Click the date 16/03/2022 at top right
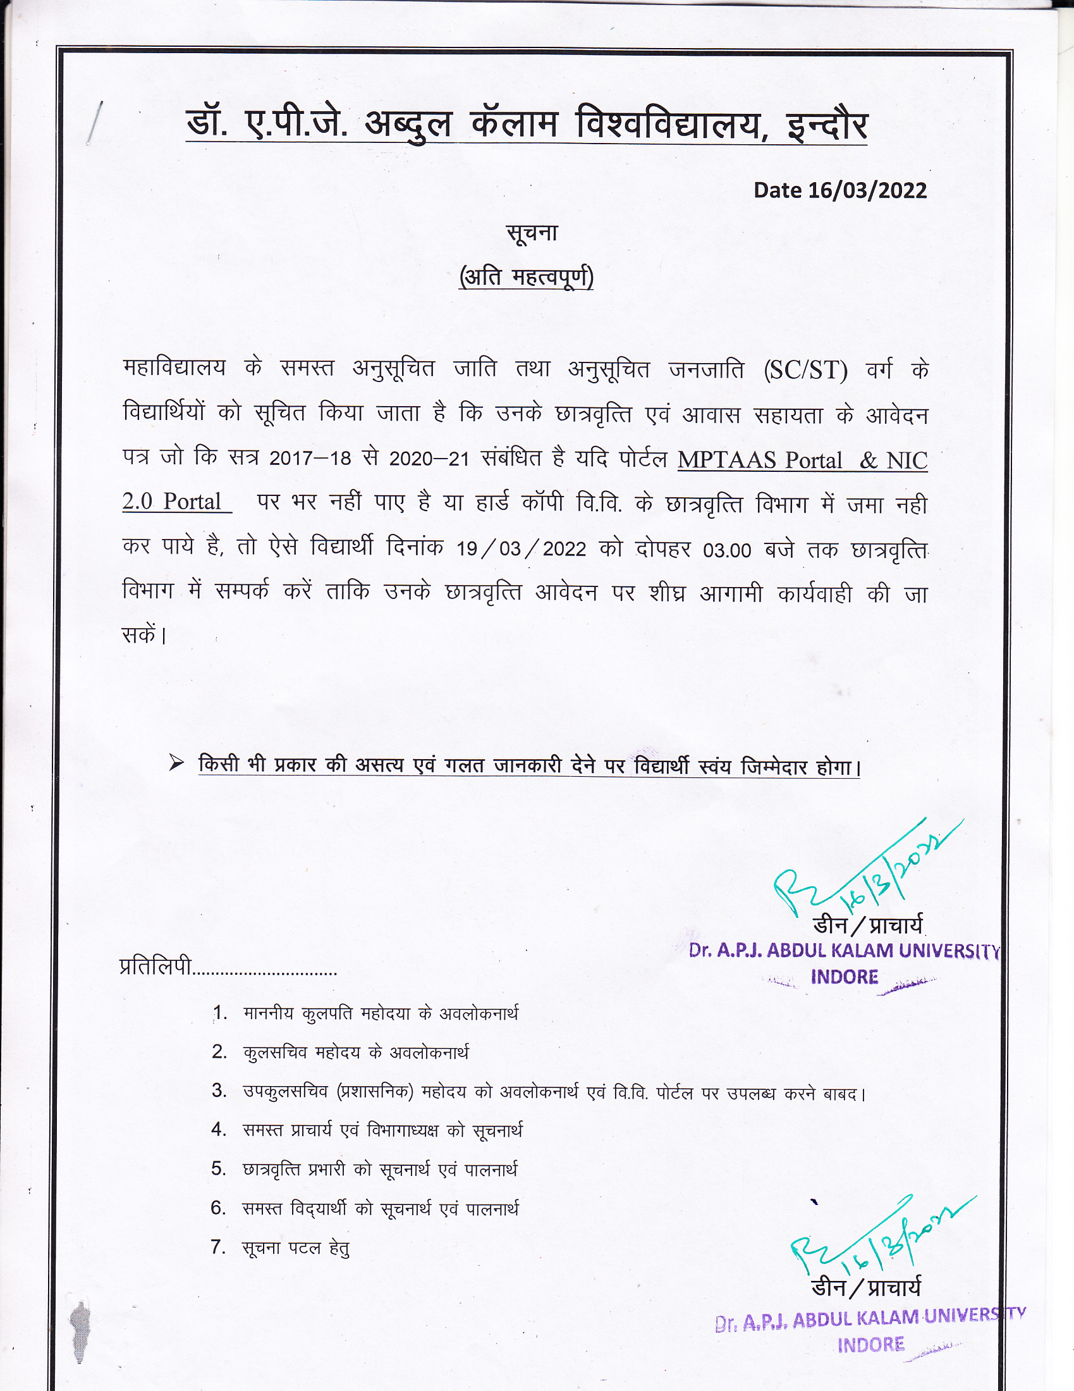(x=867, y=190)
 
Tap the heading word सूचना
(x=532, y=233)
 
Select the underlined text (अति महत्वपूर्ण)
(x=527, y=278)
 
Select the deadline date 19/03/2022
(x=521, y=548)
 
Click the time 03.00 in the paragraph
(x=727, y=550)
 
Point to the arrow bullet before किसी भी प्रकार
(x=176, y=763)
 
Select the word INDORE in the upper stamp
(x=844, y=977)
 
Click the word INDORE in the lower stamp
(x=870, y=1344)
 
